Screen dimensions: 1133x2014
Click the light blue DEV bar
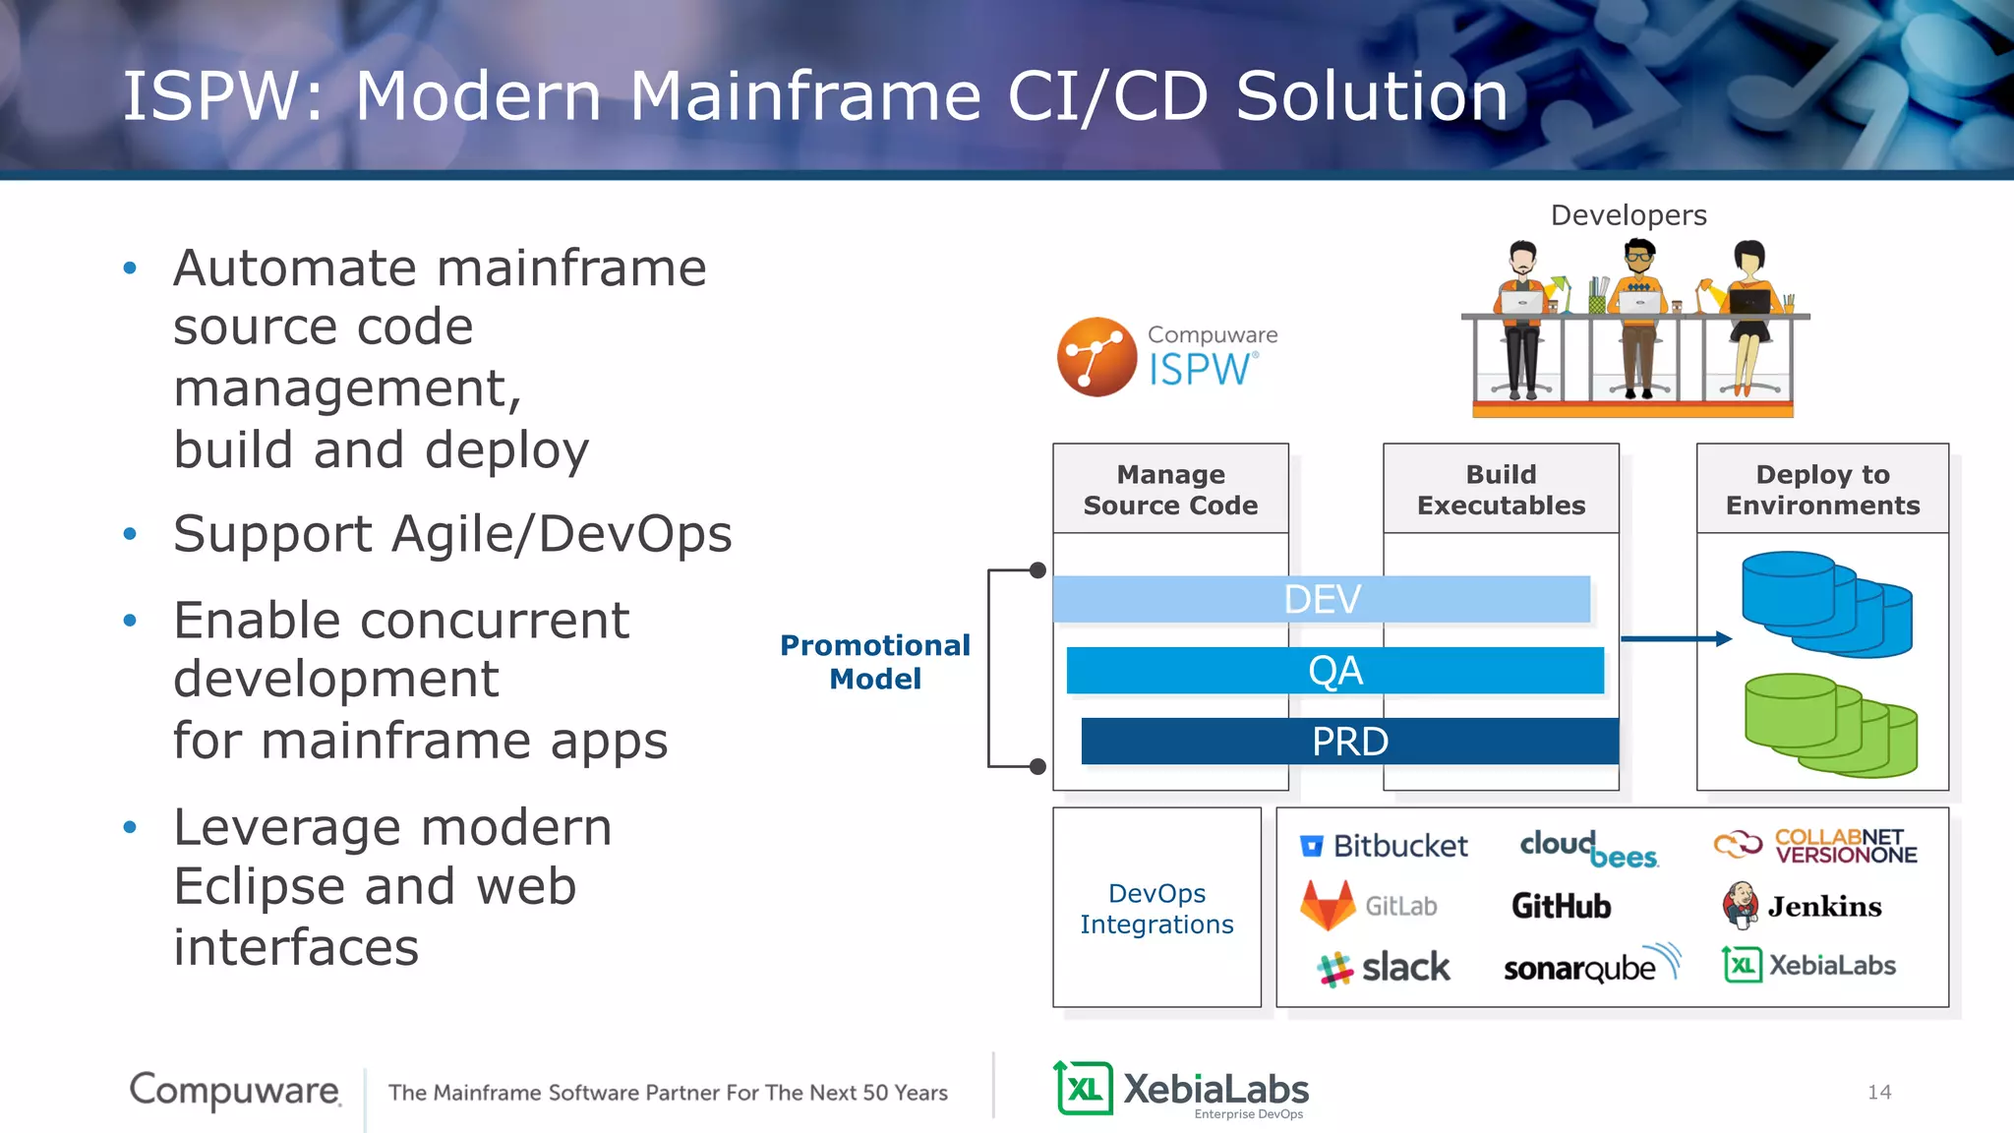[x=1321, y=599]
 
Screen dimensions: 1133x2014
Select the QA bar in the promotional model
[x=1334, y=671]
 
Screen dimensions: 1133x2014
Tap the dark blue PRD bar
[x=1349, y=742]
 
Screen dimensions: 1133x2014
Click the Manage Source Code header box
[x=1170, y=490]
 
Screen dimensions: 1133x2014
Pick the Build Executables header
[x=1501, y=490]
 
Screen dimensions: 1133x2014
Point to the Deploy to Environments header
[x=1822, y=490]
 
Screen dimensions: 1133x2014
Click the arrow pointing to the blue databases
[x=1676, y=639]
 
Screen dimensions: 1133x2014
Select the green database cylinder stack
[x=1829, y=725]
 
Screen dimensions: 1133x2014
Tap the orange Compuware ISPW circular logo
[x=1096, y=357]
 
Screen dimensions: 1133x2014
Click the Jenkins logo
[x=1802, y=906]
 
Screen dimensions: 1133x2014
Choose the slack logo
[x=1384, y=968]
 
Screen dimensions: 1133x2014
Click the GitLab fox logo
[x=1328, y=906]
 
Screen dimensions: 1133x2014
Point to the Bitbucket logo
[x=1384, y=846]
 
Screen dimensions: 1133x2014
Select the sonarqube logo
[x=1590, y=967]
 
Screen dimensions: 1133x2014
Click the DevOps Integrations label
[x=1156, y=909]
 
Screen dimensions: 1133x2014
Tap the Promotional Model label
[x=874, y=662]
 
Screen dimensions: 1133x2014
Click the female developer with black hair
[x=1748, y=315]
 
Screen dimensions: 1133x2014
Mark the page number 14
[x=1878, y=1092]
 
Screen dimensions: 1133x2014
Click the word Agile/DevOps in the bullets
[x=562, y=535]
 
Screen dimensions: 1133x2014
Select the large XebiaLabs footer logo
[x=1181, y=1090]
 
